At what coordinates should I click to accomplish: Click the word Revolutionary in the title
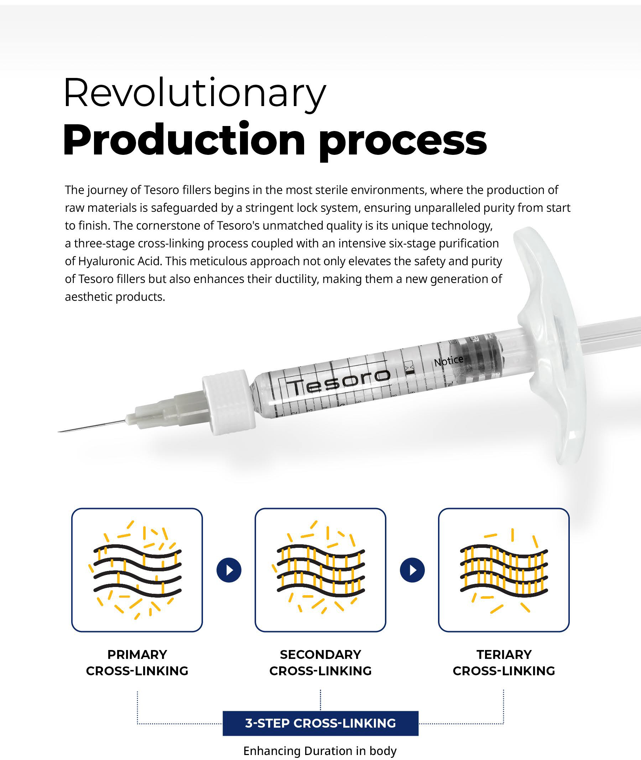pyautogui.click(x=195, y=93)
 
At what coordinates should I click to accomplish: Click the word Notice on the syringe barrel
pyautogui.click(x=449, y=361)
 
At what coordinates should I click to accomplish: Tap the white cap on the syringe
pyautogui.click(x=228, y=402)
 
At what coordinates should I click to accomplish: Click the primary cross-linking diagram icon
pyautogui.click(x=137, y=570)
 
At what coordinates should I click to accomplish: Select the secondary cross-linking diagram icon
pyautogui.click(x=320, y=570)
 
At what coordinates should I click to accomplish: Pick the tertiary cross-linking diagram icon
pyautogui.click(x=504, y=570)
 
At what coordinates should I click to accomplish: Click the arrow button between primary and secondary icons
pyautogui.click(x=229, y=570)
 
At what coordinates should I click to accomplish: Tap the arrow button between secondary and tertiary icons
pyautogui.click(x=412, y=570)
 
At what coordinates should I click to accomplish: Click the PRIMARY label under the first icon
pyautogui.click(x=137, y=654)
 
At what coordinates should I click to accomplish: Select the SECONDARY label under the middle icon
pyautogui.click(x=320, y=654)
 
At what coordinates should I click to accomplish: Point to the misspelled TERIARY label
pyautogui.click(x=504, y=654)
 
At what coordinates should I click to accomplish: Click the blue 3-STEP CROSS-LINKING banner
pyautogui.click(x=320, y=723)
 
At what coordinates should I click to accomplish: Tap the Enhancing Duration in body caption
pyautogui.click(x=320, y=750)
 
